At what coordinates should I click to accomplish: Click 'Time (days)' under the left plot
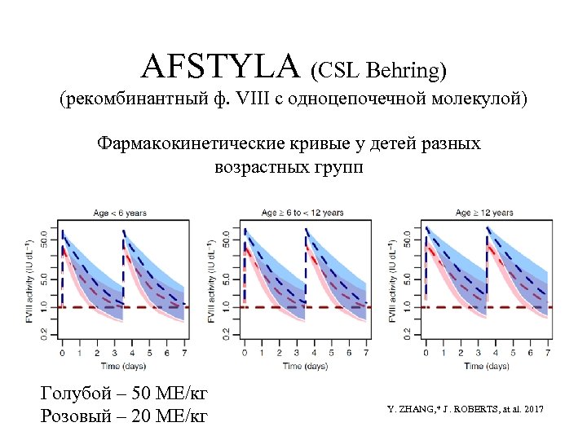click(x=122, y=366)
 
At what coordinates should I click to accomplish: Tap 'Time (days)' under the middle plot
click(x=304, y=366)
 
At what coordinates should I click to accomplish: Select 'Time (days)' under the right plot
click(x=487, y=366)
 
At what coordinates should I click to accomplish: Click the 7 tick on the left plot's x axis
click(x=184, y=354)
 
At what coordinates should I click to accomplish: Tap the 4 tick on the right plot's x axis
click(x=496, y=354)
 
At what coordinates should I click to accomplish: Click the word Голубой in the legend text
click(x=75, y=394)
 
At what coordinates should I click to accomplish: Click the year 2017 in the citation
click(x=531, y=407)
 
